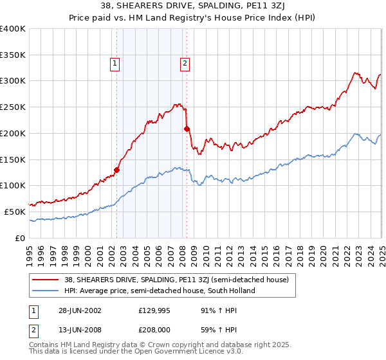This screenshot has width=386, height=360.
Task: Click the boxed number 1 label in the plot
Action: click(x=115, y=63)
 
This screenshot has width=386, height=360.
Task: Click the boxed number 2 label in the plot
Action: click(x=185, y=63)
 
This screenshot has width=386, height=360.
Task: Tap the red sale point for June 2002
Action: click(x=117, y=170)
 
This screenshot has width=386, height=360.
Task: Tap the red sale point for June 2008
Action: click(x=187, y=129)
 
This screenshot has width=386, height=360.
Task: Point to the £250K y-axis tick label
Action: click(x=13, y=107)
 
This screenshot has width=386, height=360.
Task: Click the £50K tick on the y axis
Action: click(x=15, y=212)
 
